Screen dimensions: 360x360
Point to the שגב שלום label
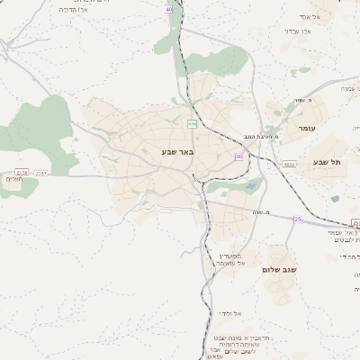279,269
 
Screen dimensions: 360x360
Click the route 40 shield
168,9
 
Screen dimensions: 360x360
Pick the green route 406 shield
193,123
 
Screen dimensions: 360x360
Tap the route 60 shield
239,157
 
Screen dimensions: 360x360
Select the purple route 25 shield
298,219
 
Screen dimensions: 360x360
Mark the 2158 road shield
22,172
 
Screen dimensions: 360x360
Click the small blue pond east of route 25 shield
335,199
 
